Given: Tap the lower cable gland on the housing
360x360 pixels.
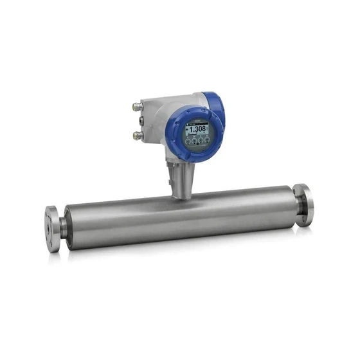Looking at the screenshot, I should click(x=138, y=135).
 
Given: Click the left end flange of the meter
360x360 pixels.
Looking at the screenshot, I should click(x=52, y=229).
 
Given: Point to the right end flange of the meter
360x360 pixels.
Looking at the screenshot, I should click(x=304, y=205).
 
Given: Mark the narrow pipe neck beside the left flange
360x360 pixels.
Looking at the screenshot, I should click(x=63, y=226).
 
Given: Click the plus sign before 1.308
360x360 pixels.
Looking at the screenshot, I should click(x=188, y=129).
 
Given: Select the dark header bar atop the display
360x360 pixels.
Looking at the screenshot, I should click(x=196, y=122).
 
